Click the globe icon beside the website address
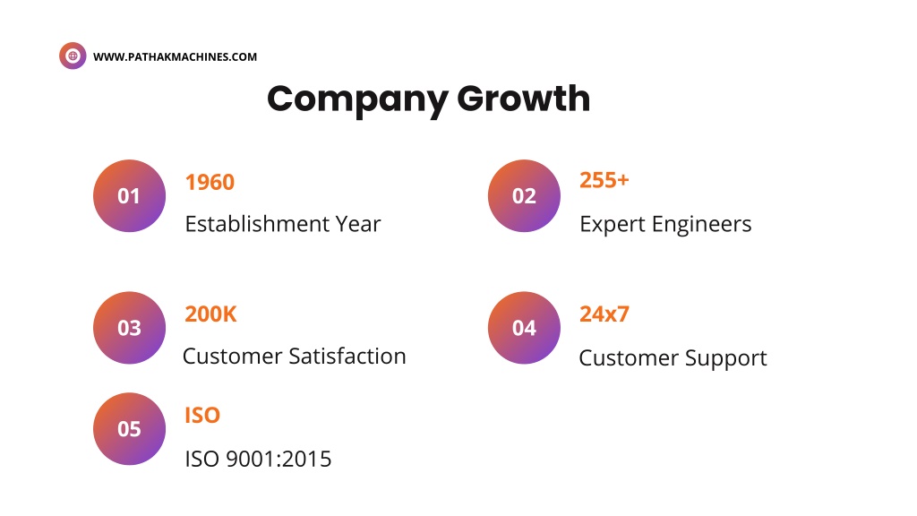tap(73, 56)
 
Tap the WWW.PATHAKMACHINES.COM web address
tap(175, 56)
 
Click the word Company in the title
tap(357, 99)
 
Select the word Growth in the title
tap(523, 98)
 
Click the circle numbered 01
tap(129, 196)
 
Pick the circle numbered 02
tap(524, 196)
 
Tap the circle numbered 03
tap(129, 328)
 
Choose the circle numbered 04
tap(524, 328)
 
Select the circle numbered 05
tap(129, 429)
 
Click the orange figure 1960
tap(210, 183)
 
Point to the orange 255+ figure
tap(604, 180)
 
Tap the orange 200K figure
tap(210, 314)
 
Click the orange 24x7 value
tap(604, 314)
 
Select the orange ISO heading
tap(202, 416)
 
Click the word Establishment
tap(257, 224)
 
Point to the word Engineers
tap(702, 225)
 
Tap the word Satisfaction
tap(347, 357)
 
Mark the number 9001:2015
tap(279, 460)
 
